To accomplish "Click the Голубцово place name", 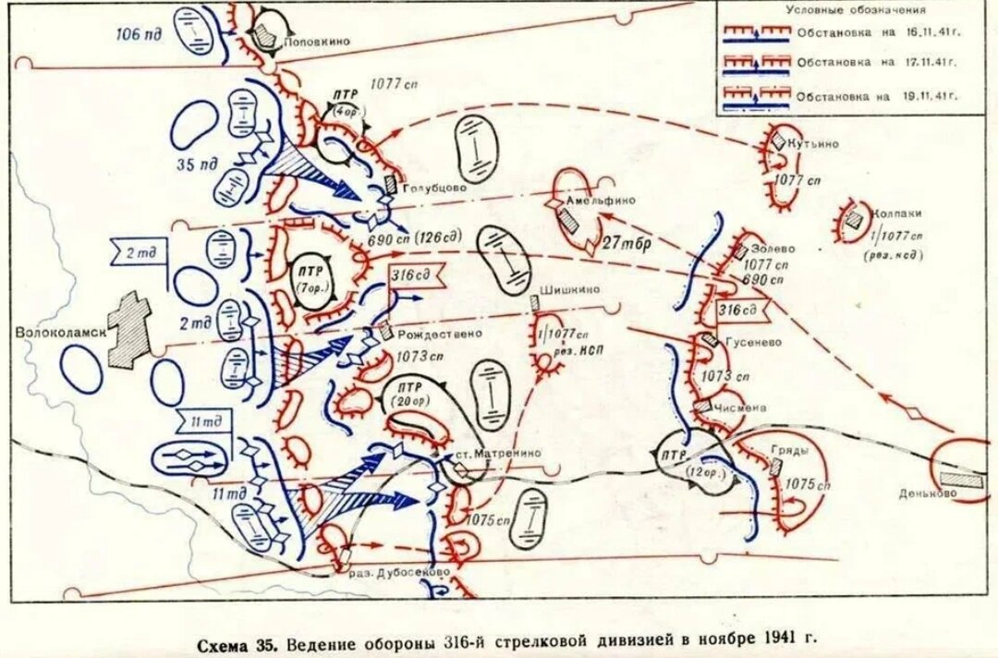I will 433,186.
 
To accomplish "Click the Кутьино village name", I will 813,144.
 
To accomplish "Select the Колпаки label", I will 896,213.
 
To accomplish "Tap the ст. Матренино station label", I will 494,453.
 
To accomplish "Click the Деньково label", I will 928,493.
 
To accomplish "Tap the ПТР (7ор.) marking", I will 306,275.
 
